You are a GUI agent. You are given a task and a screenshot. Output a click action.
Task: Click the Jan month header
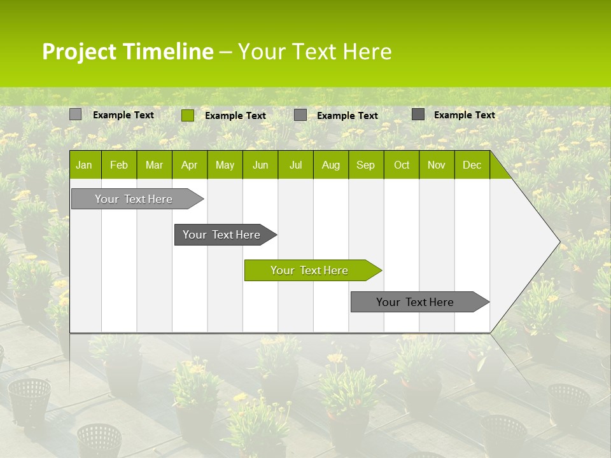pyautogui.click(x=85, y=165)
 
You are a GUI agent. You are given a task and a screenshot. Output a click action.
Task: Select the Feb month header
pyautogui.click(x=119, y=165)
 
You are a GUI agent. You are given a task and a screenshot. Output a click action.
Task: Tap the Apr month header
pyautogui.click(x=190, y=165)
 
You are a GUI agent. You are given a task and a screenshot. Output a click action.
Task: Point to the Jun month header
pyautogui.click(x=260, y=165)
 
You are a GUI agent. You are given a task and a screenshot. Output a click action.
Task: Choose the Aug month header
pyautogui.click(x=331, y=165)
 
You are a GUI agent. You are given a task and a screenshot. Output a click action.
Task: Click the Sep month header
pyautogui.click(x=366, y=165)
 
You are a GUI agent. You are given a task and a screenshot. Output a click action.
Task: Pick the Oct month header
pyautogui.click(x=402, y=165)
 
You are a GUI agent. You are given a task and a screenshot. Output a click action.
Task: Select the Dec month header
pyautogui.click(x=472, y=165)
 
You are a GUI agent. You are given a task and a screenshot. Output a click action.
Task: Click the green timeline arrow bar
pyautogui.click(x=312, y=270)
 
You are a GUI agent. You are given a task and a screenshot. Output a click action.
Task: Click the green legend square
pyautogui.click(x=188, y=115)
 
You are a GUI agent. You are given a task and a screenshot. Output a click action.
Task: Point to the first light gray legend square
pyautogui.click(x=76, y=114)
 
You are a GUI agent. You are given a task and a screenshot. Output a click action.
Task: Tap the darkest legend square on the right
pyautogui.click(x=418, y=114)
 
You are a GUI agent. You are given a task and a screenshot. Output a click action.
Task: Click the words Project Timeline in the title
pyautogui.click(x=127, y=52)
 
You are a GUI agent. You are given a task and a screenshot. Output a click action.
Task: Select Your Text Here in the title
pyautogui.click(x=314, y=52)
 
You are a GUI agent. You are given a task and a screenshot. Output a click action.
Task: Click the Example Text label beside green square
pyautogui.click(x=235, y=116)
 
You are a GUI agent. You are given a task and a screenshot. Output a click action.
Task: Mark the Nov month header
pyautogui.click(x=437, y=165)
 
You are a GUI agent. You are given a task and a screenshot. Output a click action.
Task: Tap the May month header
pyautogui.click(x=225, y=165)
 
